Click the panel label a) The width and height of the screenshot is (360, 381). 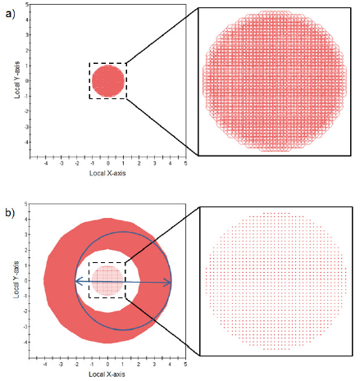(x=10, y=13)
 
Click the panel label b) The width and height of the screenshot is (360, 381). (x=10, y=213)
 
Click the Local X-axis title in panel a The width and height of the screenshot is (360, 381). (x=107, y=173)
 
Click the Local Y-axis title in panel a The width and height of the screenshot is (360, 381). (x=17, y=79)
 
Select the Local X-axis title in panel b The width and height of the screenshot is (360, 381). (x=107, y=374)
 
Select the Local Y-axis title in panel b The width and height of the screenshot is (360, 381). (x=16, y=279)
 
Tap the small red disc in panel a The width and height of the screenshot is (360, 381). (x=108, y=81)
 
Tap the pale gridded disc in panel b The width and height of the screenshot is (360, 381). (x=107, y=280)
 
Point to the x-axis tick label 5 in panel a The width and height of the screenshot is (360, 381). (x=186, y=163)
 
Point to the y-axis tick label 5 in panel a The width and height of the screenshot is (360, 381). (x=27, y=5)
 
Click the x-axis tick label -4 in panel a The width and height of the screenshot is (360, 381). (x=46, y=163)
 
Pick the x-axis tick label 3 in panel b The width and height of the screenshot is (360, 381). (x=154, y=364)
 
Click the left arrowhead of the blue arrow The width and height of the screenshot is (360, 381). (x=80, y=281)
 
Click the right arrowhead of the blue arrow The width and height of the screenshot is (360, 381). (x=167, y=283)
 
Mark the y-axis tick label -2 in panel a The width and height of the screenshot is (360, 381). (x=26, y=111)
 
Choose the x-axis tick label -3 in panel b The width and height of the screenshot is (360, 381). (x=61, y=364)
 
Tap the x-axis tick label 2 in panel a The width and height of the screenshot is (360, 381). (x=139, y=163)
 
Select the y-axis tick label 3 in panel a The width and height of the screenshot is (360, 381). (x=27, y=35)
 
